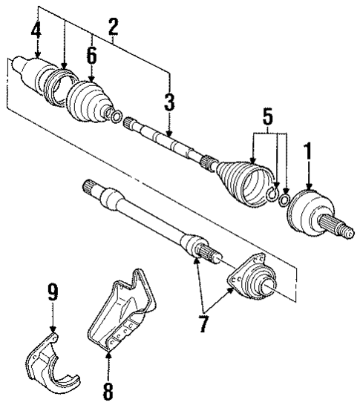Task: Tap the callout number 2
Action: tap(113, 27)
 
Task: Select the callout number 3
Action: tap(169, 102)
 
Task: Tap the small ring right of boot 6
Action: tap(117, 115)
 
